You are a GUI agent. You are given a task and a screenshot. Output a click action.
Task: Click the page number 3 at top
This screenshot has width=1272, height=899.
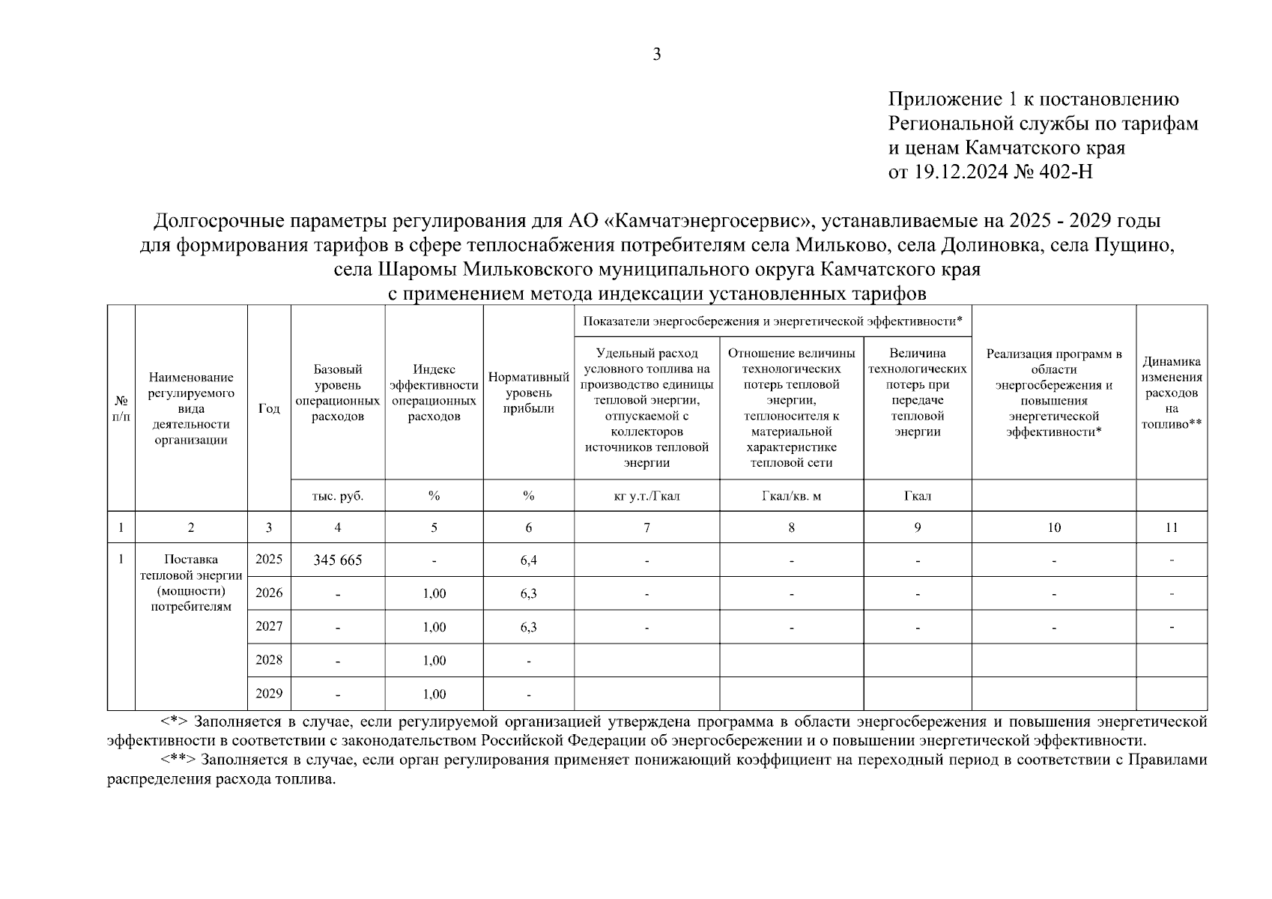[x=657, y=54]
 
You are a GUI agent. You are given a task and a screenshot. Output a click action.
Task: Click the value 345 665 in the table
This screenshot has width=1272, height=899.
[x=337, y=560]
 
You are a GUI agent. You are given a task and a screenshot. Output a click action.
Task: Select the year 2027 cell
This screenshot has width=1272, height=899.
[x=269, y=626]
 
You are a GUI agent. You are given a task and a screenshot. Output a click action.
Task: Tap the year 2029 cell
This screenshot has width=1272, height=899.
[x=269, y=693]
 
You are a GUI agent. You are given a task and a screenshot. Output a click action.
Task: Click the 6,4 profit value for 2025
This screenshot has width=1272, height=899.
[x=528, y=560]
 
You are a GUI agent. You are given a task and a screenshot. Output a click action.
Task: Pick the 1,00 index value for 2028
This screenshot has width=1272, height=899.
[x=434, y=660]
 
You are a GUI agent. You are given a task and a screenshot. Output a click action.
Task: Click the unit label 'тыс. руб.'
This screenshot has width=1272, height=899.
[x=337, y=496]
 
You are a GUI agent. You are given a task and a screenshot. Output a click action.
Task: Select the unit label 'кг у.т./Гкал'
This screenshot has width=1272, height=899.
[x=646, y=496]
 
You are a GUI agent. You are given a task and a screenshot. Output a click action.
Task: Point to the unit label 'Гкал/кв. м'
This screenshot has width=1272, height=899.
[x=791, y=496]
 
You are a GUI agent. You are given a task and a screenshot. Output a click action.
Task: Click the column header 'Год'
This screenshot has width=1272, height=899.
[x=269, y=408]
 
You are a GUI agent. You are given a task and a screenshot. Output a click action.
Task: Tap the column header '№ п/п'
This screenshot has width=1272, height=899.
[x=121, y=408]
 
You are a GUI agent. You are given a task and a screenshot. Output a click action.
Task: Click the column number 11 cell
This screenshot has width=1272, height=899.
[x=1171, y=527]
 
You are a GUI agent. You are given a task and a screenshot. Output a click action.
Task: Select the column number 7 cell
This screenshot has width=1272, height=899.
[x=646, y=527]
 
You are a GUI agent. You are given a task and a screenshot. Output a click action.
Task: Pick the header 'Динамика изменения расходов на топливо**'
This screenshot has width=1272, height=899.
[x=1171, y=393]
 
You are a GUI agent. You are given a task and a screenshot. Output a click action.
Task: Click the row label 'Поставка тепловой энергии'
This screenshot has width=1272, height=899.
[x=191, y=568]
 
